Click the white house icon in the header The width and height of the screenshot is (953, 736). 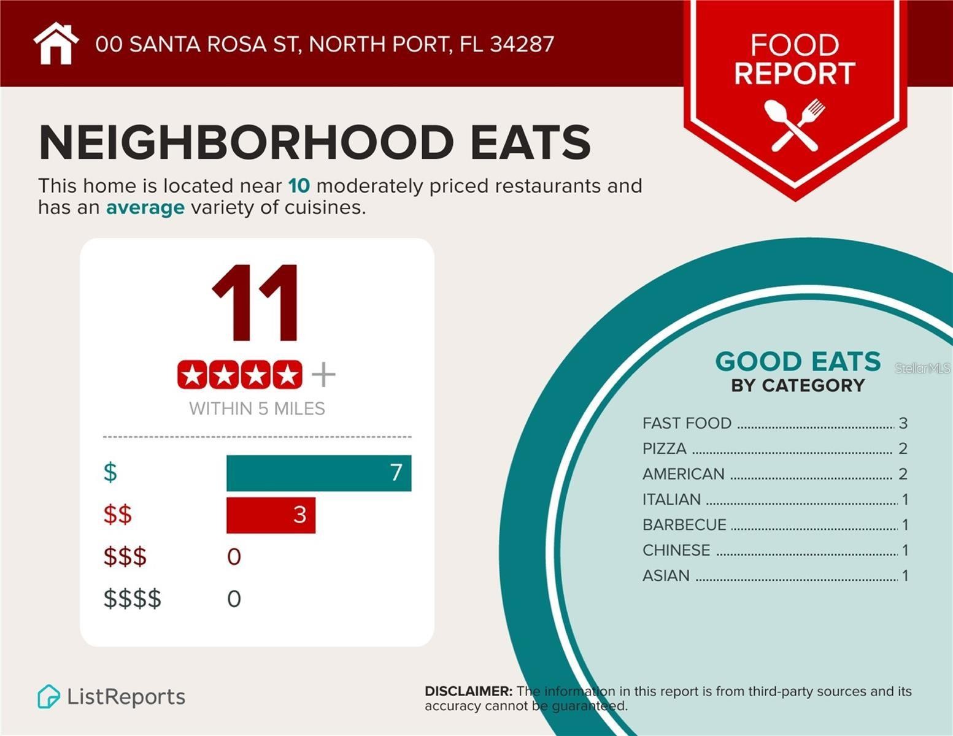point(56,44)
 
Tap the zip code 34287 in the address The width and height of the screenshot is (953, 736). point(522,44)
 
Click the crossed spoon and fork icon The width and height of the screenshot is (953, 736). point(795,125)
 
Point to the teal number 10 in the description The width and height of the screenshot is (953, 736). point(299,186)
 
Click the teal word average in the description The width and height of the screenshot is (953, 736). point(145,207)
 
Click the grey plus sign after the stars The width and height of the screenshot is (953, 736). point(323,374)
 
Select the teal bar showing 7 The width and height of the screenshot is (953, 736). point(318,473)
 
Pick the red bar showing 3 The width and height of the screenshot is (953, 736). point(271,515)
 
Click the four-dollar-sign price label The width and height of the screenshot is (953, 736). point(132,599)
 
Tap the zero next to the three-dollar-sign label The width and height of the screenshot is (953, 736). point(234,557)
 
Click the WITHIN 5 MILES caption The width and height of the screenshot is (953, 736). point(257,408)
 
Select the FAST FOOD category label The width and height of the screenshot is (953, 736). point(687,423)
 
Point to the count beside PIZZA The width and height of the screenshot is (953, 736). point(903,448)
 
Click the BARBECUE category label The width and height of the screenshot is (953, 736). point(684,525)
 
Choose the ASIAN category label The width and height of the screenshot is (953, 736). point(666,576)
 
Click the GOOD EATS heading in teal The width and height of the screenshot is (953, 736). point(798,361)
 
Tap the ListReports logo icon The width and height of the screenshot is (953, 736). point(48,697)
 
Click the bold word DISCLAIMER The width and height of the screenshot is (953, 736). point(468,691)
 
